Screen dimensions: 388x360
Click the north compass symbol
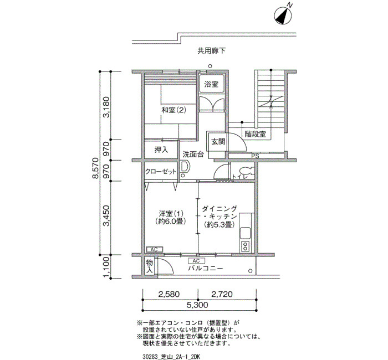(x=283, y=16)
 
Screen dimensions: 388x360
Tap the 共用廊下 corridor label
(x=212, y=51)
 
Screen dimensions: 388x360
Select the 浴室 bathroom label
(x=211, y=84)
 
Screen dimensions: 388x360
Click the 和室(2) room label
(x=173, y=110)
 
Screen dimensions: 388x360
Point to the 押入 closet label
(x=161, y=150)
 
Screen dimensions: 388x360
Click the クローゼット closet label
(x=161, y=172)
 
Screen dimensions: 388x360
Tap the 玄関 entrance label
(x=218, y=142)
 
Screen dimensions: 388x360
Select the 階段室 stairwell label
(x=256, y=134)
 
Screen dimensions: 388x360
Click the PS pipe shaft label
(x=255, y=156)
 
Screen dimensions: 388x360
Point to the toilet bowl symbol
(x=247, y=171)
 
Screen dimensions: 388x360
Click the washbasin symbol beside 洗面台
(x=185, y=167)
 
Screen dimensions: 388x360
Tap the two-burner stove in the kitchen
(x=245, y=246)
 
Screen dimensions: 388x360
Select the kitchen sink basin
(x=245, y=233)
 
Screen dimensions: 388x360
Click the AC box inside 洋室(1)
(x=154, y=249)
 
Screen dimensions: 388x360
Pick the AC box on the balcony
(x=196, y=261)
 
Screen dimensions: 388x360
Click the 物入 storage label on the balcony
(x=150, y=266)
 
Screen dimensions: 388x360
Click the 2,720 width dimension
(x=222, y=294)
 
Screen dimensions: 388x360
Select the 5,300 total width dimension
(x=197, y=305)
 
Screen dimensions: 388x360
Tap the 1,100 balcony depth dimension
(x=106, y=267)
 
